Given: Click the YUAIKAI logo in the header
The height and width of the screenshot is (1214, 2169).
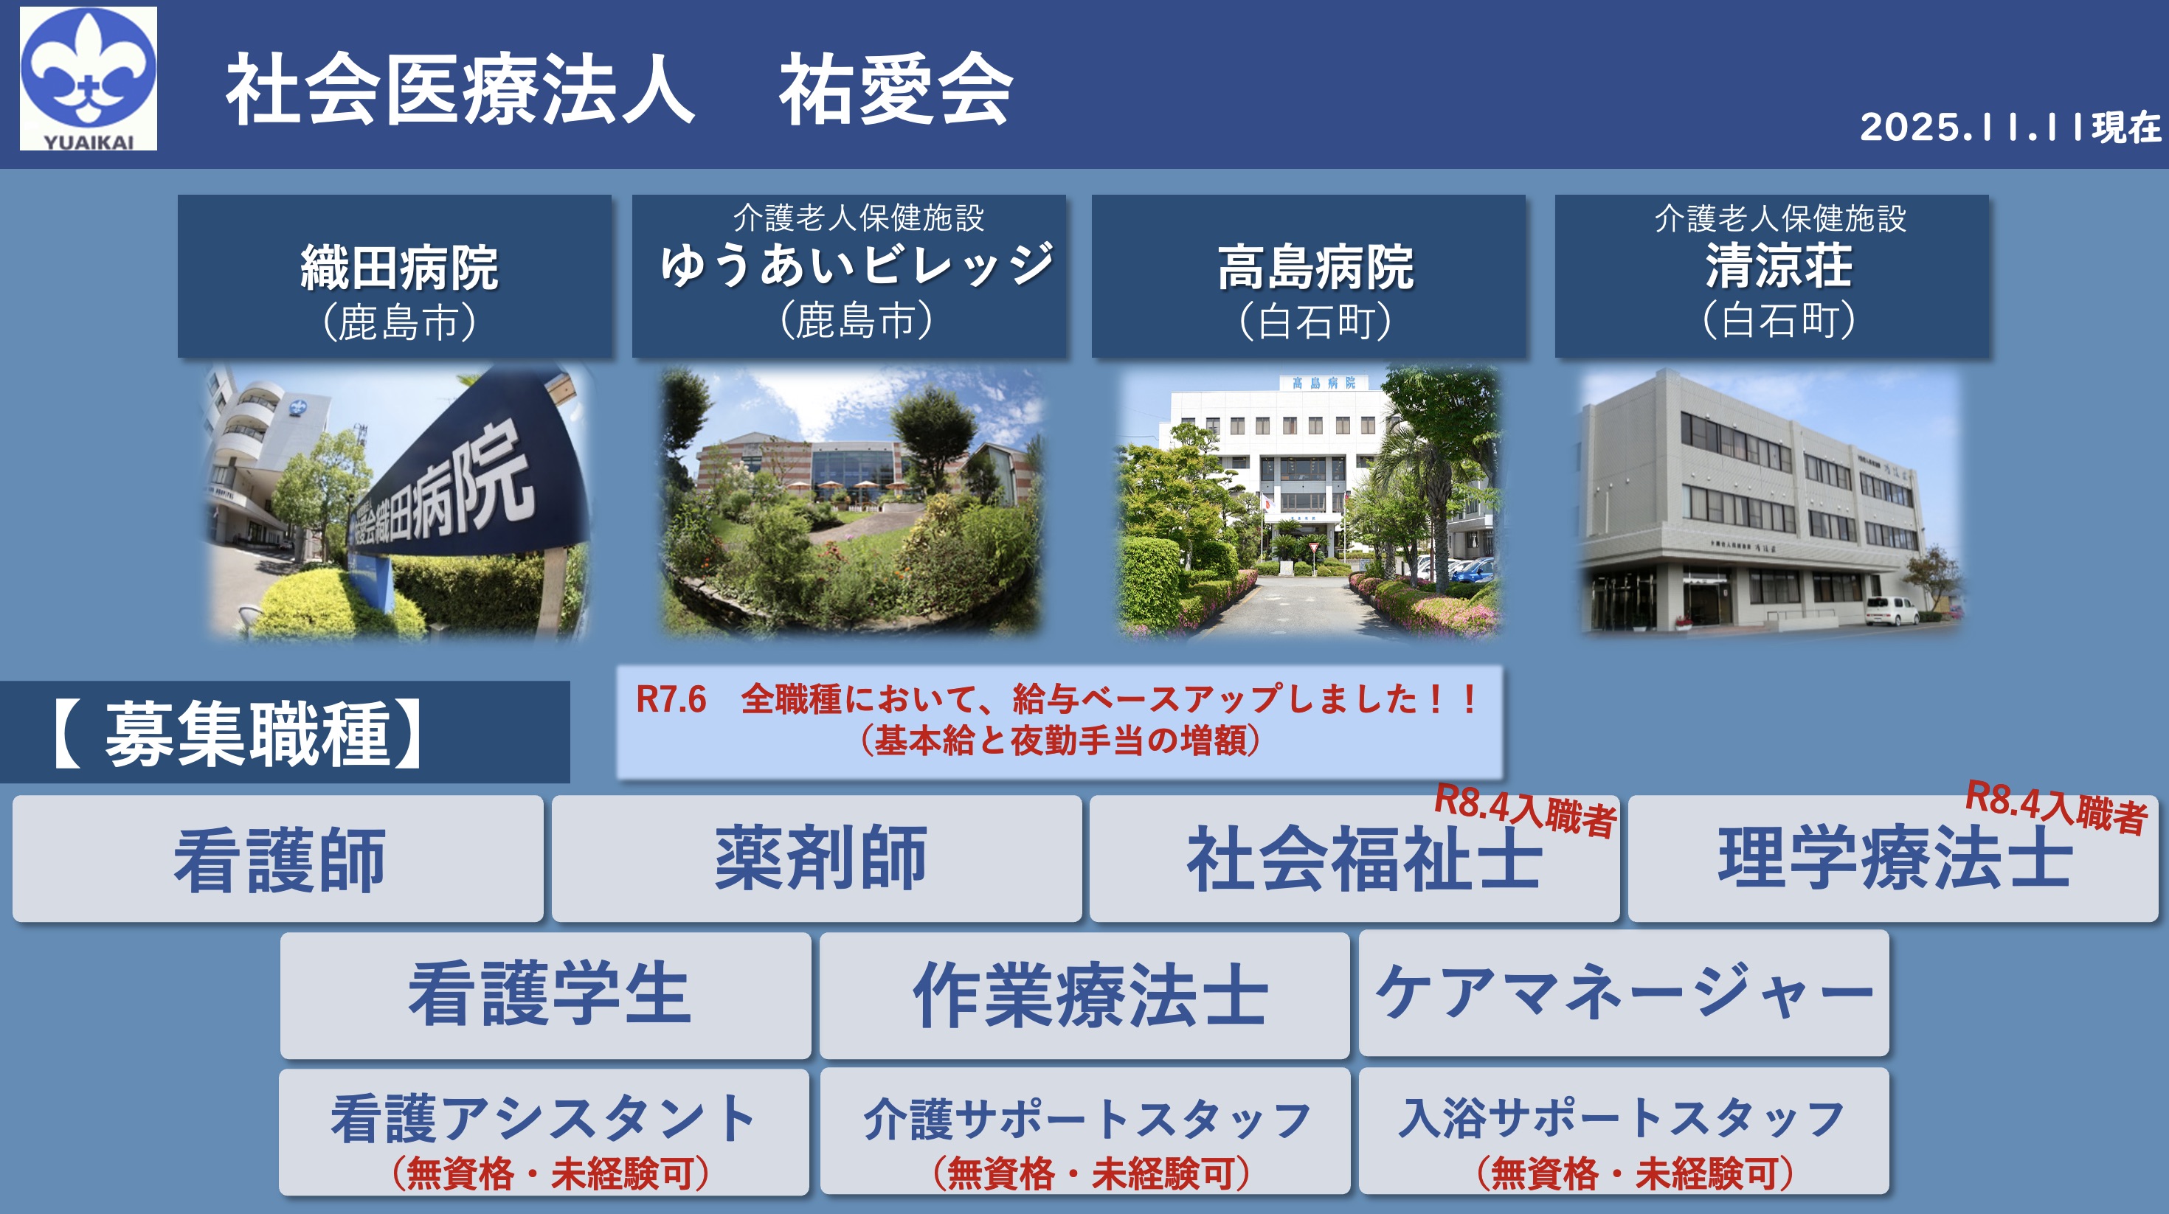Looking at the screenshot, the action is click(89, 79).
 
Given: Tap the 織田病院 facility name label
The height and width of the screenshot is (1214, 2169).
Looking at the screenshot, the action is click(399, 268).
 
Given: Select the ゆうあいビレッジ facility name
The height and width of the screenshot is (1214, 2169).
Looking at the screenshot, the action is click(857, 266).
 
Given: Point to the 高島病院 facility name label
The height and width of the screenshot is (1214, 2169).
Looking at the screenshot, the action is click(1315, 268).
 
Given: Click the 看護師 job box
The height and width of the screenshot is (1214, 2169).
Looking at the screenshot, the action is click(278, 859).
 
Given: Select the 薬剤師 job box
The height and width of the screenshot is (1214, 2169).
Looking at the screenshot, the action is click(817, 859).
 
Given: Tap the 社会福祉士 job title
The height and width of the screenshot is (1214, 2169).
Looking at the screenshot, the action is click(1364, 859).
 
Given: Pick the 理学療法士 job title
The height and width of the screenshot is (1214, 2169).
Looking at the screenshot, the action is click(1895, 859).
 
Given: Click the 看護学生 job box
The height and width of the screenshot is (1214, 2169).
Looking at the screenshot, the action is click(546, 995).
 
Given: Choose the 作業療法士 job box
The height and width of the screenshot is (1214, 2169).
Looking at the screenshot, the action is click(1084, 995).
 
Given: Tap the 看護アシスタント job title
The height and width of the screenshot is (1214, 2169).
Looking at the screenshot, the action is click(544, 1119).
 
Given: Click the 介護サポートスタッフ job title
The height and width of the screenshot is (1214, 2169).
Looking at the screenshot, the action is click(1086, 1120).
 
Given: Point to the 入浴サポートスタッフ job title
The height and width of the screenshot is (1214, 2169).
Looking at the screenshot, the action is click(1622, 1118).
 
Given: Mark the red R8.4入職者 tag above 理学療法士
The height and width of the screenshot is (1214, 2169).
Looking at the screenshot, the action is click(2056, 808).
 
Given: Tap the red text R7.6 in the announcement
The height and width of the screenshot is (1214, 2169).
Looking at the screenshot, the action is click(671, 700).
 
